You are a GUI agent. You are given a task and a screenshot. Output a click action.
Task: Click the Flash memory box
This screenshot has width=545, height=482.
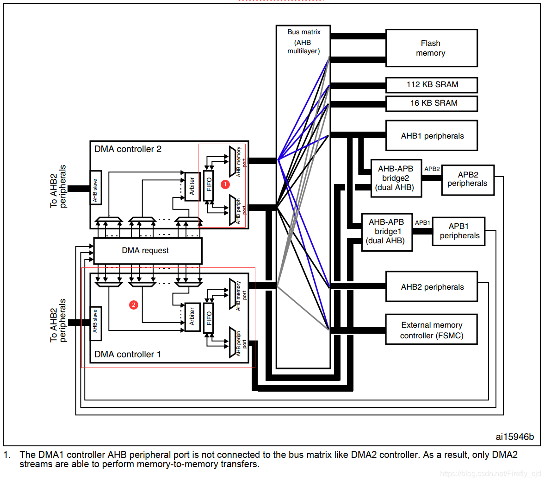point(431,48)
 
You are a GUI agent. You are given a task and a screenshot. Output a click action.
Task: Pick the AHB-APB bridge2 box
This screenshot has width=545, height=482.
point(396,178)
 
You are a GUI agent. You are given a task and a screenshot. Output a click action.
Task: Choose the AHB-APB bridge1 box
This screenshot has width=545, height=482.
point(386,232)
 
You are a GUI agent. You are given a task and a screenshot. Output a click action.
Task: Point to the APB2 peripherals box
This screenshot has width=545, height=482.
point(467,180)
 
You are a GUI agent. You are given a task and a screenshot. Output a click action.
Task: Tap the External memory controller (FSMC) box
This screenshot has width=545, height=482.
point(431,330)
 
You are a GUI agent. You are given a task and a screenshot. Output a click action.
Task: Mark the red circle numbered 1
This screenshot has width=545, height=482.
point(225,184)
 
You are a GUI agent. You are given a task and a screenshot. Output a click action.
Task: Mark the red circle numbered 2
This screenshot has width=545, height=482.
point(134,304)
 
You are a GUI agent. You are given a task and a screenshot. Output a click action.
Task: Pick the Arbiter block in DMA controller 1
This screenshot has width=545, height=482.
point(192,317)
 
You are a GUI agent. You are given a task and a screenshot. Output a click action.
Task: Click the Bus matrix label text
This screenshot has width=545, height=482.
point(303,32)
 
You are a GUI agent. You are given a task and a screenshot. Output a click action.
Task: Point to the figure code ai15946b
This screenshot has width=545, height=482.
point(514,437)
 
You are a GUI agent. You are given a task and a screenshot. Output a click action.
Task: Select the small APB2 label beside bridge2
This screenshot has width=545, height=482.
point(432,169)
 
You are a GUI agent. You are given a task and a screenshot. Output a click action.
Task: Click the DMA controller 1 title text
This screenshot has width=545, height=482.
point(128,355)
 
